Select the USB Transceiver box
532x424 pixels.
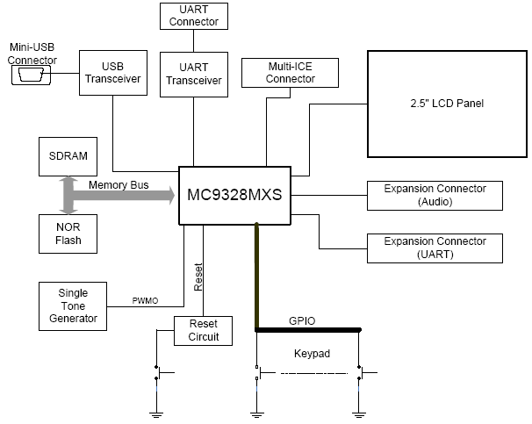tap(111, 72)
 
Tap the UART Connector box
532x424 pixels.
tap(193, 15)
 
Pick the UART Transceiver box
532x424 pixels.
tap(193, 73)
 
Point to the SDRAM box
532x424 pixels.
tap(68, 155)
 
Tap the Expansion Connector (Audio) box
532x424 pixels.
tap(435, 196)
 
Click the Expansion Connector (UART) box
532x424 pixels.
tap(435, 248)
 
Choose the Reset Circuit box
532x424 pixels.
tap(203, 331)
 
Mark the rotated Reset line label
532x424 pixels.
tap(199, 277)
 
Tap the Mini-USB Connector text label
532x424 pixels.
tap(32, 54)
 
